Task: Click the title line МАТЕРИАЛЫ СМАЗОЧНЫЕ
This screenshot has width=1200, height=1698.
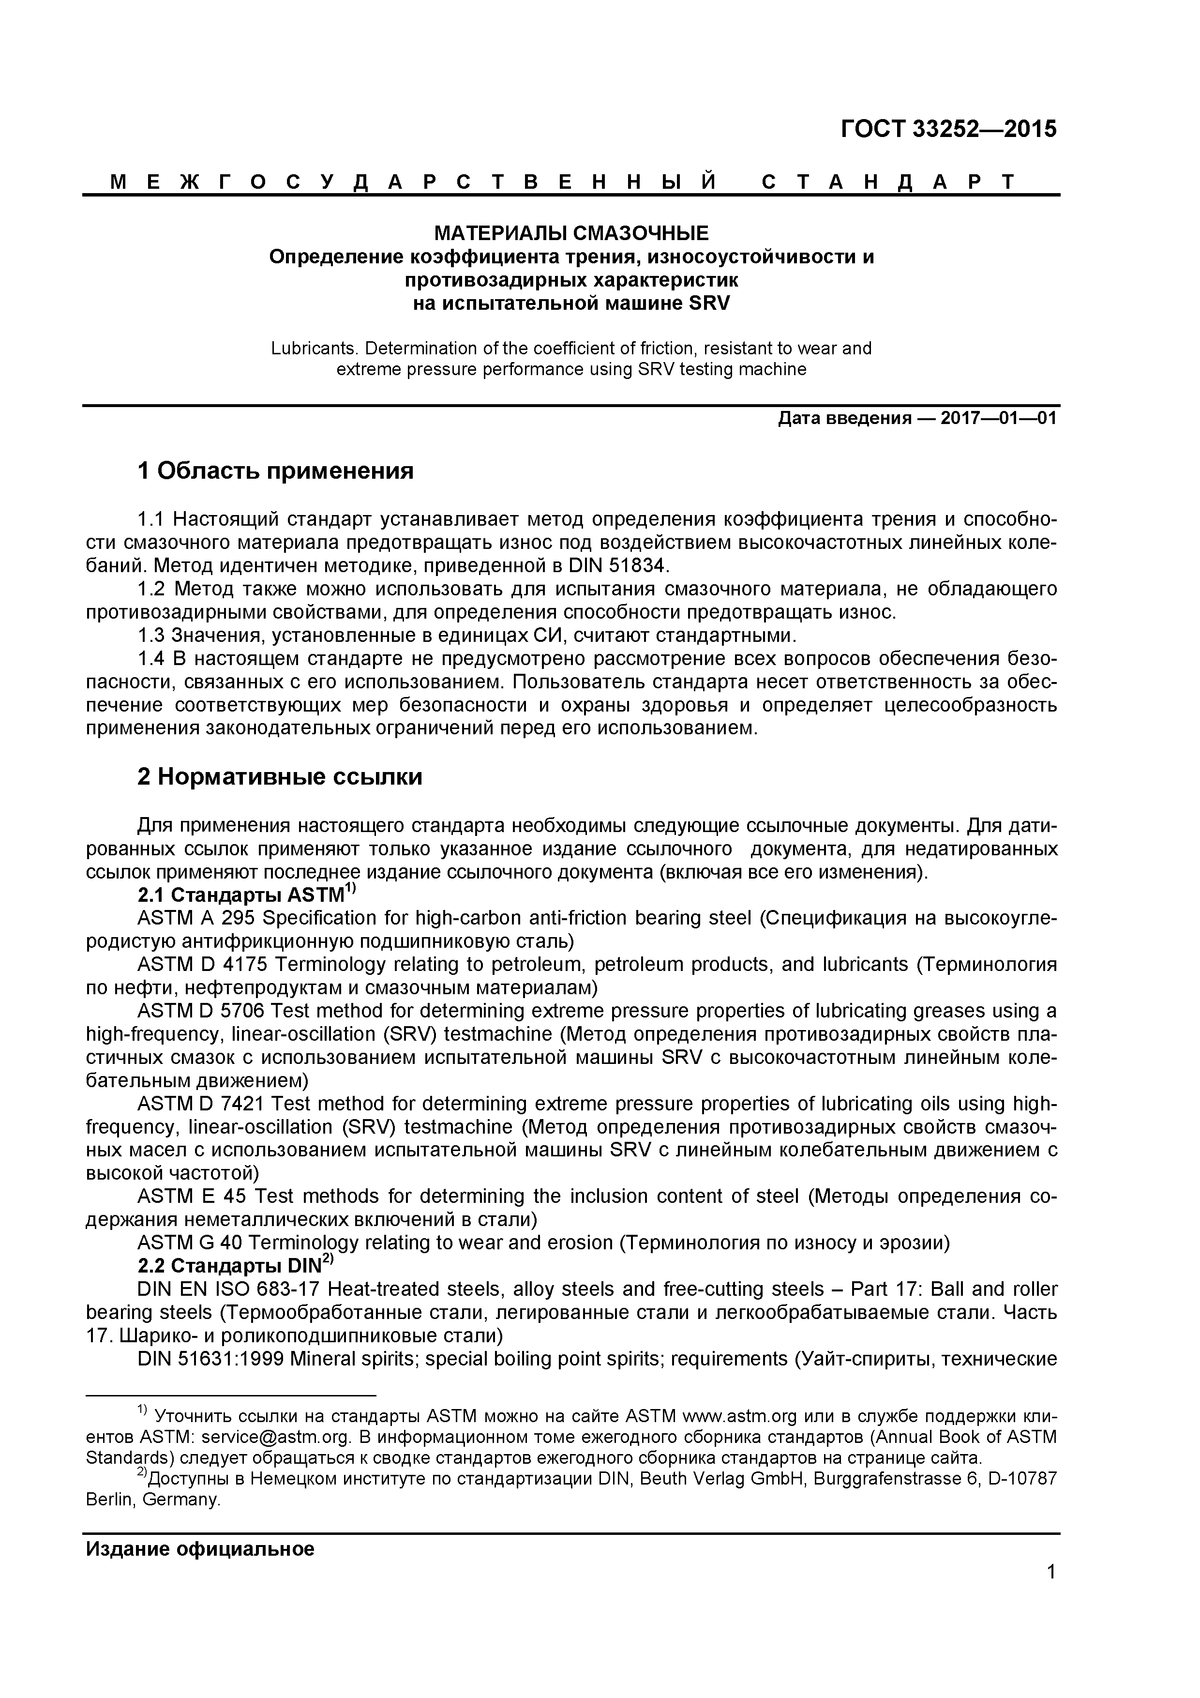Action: [571, 234]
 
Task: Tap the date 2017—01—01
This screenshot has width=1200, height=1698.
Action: [998, 419]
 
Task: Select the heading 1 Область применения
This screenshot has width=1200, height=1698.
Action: [275, 470]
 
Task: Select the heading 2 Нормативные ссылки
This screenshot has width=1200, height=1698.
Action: [280, 777]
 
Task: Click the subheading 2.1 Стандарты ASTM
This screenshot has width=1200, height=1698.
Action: [241, 895]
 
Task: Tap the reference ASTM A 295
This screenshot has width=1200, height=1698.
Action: [196, 919]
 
